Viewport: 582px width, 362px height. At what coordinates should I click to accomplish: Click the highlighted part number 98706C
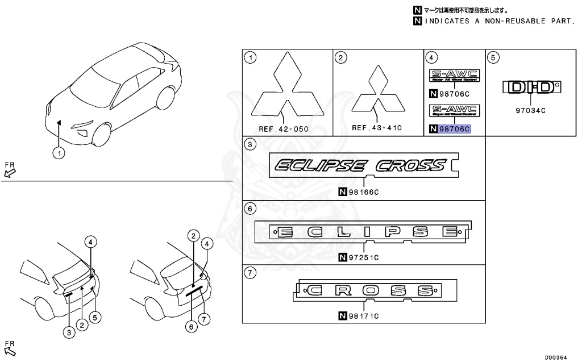455,129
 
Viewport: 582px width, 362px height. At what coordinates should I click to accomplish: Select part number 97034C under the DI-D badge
530,111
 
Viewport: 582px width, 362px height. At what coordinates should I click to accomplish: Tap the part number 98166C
362,192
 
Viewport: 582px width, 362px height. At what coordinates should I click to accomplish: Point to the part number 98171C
362,315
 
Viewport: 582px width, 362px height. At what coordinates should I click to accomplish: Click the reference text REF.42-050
283,129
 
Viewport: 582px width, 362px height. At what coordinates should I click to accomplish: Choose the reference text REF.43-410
376,128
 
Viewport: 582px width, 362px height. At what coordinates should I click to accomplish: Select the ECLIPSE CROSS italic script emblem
360,165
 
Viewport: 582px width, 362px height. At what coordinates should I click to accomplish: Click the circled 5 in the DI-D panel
494,57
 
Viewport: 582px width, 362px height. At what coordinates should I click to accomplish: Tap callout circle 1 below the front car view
59,152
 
